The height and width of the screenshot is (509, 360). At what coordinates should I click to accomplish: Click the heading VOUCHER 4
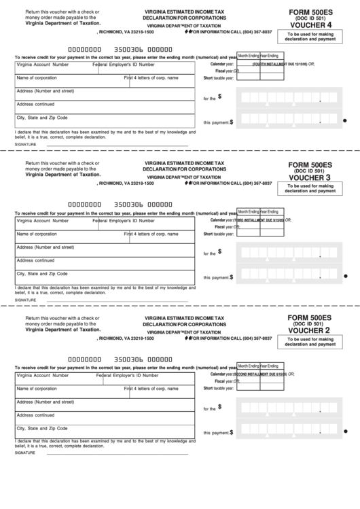[310, 25]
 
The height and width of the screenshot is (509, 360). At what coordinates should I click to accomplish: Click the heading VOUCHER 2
[310, 330]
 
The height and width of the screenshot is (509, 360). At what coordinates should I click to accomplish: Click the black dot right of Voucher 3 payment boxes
[346, 275]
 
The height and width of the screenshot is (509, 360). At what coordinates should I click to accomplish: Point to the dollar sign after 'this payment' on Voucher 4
[232, 122]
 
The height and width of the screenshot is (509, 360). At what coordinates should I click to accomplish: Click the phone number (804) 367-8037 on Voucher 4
[249, 31]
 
